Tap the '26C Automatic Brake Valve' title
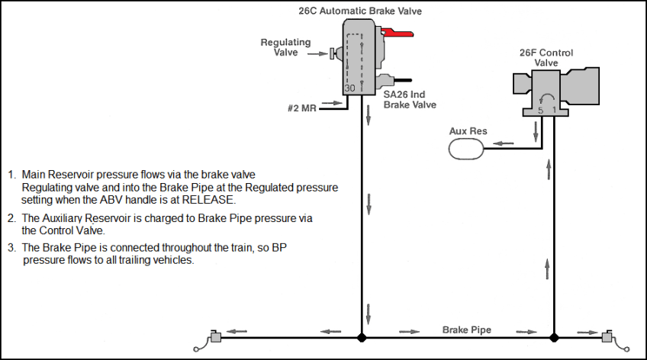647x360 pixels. pyautogui.click(x=359, y=11)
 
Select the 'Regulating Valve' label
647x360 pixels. pyautogui.click(x=285, y=47)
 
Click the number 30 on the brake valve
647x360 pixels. pyautogui.click(x=349, y=88)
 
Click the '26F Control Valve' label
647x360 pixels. pyautogui.click(x=546, y=57)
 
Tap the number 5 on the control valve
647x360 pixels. pyautogui.click(x=540, y=110)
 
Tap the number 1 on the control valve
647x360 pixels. pyautogui.click(x=555, y=110)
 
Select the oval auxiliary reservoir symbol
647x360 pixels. pyautogui.click(x=466, y=148)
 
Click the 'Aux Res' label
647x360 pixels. pyautogui.click(x=468, y=131)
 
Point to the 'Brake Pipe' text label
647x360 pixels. pyautogui.click(x=467, y=330)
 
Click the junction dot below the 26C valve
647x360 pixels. pyautogui.click(x=362, y=337)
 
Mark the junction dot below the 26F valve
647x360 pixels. pyautogui.click(x=555, y=337)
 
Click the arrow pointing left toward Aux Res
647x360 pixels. pyautogui.click(x=503, y=143)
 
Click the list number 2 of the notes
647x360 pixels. pyautogui.click(x=11, y=218)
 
